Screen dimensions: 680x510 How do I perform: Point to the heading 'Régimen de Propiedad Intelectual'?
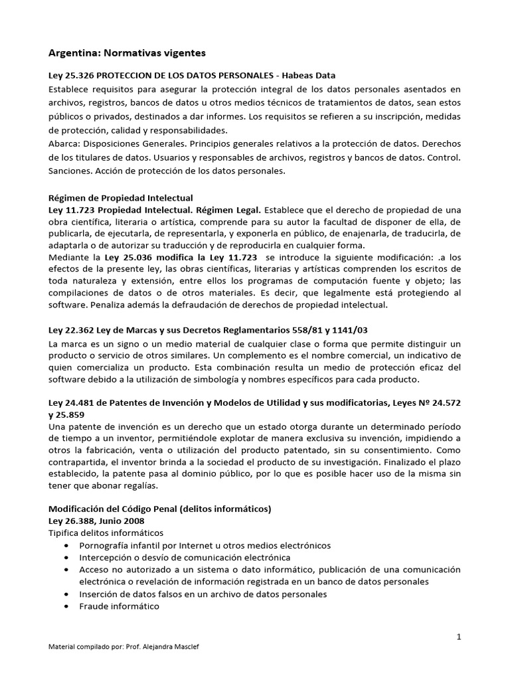point(121,198)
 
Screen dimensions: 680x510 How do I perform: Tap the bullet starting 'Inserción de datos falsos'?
point(203,594)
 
